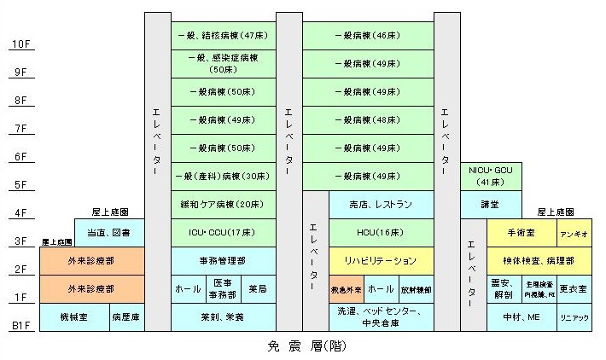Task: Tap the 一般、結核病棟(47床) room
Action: (x=224, y=36)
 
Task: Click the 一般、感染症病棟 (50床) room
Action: (x=224, y=63)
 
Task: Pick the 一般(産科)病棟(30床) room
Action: (x=224, y=176)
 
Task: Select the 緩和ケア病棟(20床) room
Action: (x=224, y=205)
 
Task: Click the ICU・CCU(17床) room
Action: (x=224, y=232)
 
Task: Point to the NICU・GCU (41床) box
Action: (x=490, y=176)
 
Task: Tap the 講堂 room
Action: (x=490, y=205)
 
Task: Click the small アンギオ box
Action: (x=571, y=232)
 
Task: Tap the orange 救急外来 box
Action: (x=347, y=289)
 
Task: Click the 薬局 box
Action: (x=258, y=289)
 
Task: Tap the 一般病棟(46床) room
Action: (x=368, y=36)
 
